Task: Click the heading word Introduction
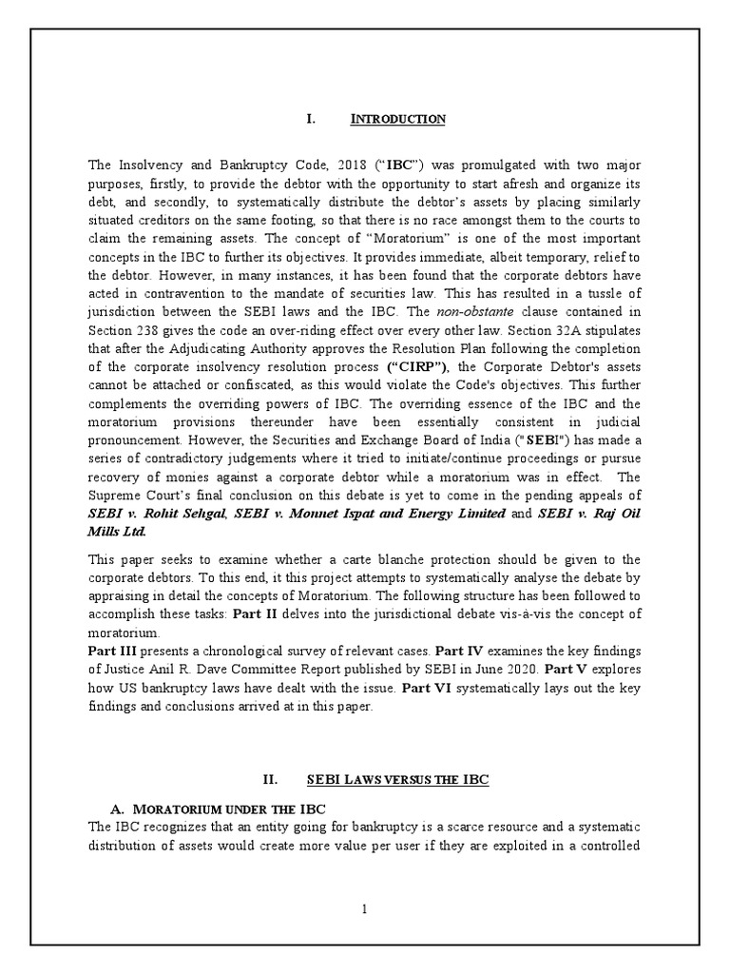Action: pos(398,119)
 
